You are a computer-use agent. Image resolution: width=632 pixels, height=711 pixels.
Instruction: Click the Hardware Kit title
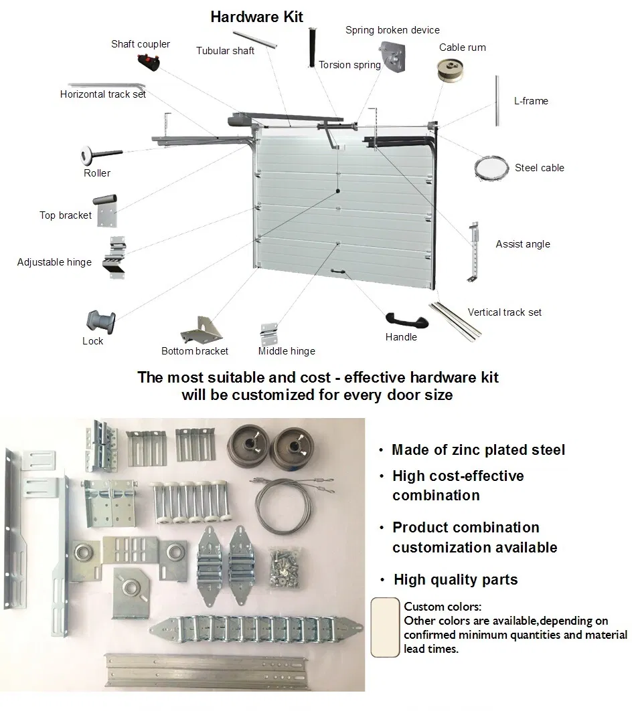257,17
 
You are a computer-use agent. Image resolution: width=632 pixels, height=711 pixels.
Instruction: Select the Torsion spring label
349,65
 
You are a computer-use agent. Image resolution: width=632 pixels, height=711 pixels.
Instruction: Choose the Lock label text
93,341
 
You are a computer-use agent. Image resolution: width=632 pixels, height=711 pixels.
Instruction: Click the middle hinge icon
270,333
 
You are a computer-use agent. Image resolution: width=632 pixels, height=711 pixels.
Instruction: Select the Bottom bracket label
195,351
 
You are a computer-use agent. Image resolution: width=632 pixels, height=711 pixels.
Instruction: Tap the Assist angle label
523,244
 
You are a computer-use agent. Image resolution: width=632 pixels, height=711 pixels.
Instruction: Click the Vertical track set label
505,312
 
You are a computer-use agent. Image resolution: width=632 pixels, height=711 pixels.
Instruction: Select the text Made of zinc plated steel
478,450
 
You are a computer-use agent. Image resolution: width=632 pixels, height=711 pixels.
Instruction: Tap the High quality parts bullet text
455,579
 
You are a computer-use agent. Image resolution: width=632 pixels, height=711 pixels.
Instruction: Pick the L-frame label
531,101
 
